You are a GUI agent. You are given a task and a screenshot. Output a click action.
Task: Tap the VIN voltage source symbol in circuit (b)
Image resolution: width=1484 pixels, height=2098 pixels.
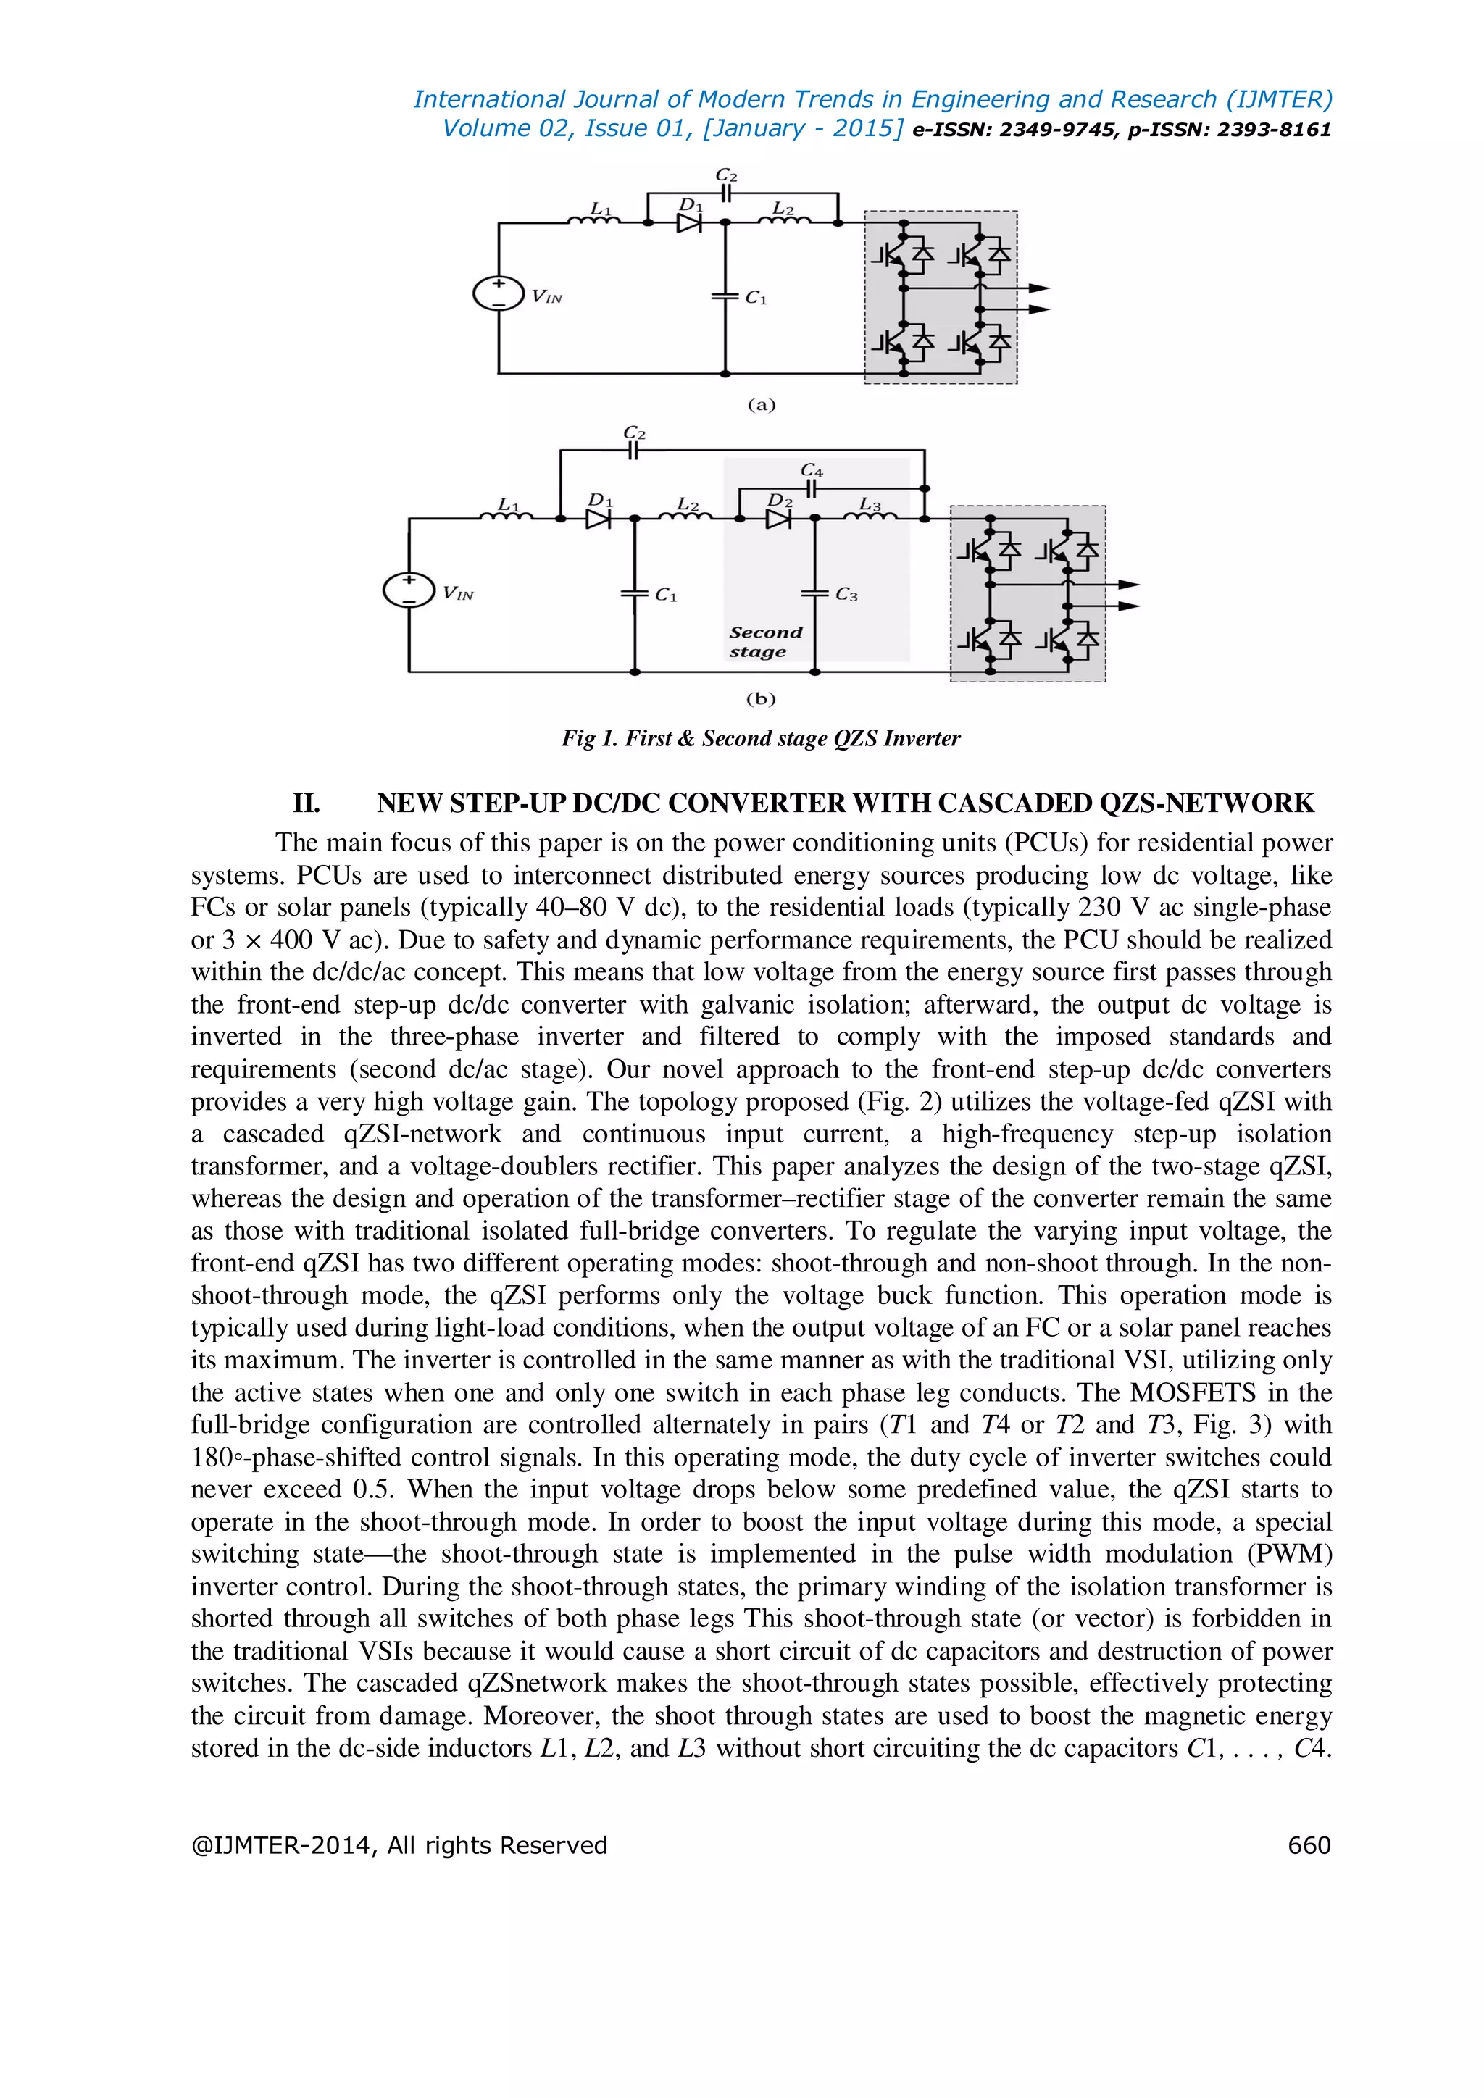pos(409,590)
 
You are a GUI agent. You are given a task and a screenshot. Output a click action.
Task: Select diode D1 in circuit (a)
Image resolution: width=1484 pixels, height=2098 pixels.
pos(689,222)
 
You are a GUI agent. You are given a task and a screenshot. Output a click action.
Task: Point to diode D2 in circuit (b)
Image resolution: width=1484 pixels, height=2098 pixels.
pos(778,519)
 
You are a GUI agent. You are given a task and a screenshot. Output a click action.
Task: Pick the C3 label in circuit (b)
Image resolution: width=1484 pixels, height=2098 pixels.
pos(847,595)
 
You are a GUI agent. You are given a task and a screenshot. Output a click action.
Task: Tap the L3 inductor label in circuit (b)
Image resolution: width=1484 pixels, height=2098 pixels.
pos(870,504)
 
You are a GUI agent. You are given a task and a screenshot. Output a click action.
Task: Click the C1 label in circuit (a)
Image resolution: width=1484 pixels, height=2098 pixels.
pos(756,298)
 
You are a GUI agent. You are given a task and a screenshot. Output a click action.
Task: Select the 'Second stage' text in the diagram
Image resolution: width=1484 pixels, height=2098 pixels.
pos(766,641)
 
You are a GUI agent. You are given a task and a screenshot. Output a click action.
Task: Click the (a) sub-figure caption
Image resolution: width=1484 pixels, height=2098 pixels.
pos(761,405)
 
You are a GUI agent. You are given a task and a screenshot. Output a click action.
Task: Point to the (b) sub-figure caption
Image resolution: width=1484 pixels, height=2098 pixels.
pos(760,699)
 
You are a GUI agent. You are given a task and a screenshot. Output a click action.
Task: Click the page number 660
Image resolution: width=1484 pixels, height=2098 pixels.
pos(1309,1846)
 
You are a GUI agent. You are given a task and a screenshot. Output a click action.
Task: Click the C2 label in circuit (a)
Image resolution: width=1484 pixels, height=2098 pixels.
pos(727,175)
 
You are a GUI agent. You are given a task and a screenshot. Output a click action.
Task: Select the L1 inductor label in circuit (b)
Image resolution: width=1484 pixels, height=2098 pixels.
pos(508,504)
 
